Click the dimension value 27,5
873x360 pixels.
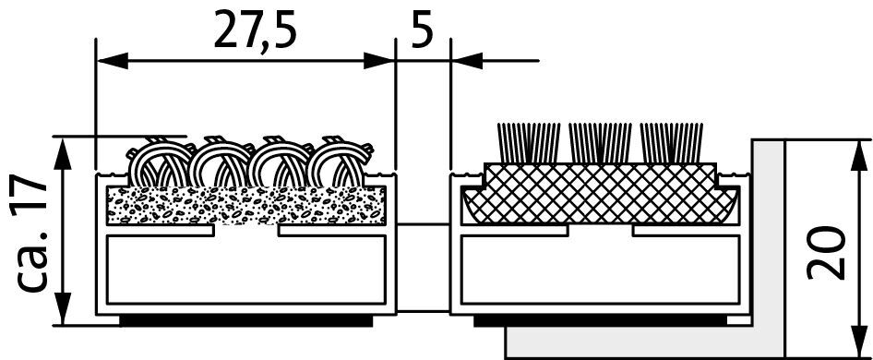coord(255,29)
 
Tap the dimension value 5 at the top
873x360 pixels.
coord(422,29)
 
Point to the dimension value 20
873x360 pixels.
coord(826,252)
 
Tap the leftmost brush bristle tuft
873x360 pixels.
coord(528,143)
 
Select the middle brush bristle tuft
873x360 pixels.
coord(600,143)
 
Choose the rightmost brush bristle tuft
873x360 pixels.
coord(672,143)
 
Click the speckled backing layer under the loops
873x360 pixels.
coord(246,206)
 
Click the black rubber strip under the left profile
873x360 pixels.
coord(246,321)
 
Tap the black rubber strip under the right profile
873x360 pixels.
coord(600,321)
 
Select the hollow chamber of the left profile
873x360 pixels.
coord(246,270)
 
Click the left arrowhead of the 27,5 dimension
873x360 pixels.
coord(113,61)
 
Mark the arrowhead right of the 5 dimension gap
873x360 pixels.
coord(467,61)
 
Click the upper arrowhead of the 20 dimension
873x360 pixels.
coord(860,156)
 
